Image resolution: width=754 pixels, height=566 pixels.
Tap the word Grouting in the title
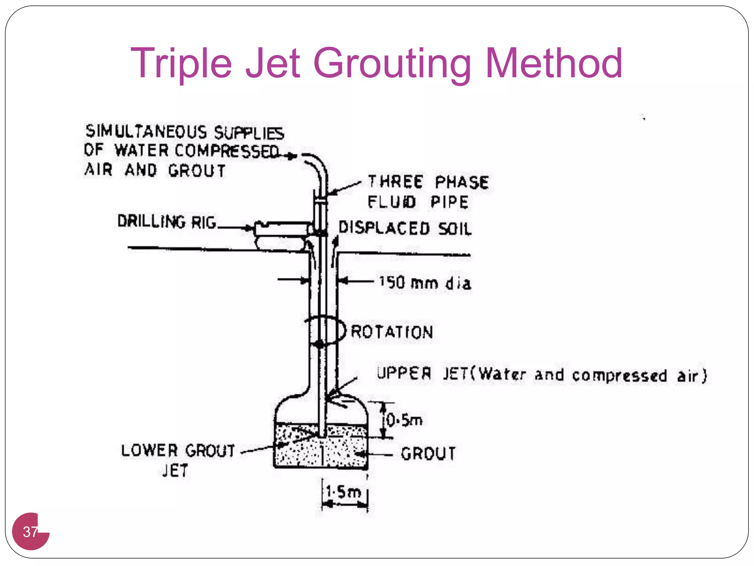[x=392, y=63]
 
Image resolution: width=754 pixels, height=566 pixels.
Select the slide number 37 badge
[x=31, y=531]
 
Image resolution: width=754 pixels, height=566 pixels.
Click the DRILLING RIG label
[x=166, y=221]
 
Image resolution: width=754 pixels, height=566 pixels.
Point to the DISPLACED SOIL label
[x=405, y=228]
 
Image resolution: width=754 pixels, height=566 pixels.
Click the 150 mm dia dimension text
[x=425, y=283]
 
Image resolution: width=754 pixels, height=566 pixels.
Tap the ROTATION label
[x=392, y=332]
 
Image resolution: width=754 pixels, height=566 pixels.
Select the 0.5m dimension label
[x=404, y=420]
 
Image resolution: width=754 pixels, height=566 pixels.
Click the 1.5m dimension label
[x=343, y=492]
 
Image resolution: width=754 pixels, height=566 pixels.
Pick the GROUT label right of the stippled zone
[x=428, y=454]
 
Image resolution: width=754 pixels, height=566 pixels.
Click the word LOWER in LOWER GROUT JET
[x=149, y=450]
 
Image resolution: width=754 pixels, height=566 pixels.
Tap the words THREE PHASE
[x=429, y=182]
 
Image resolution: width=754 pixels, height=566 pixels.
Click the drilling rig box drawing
[x=282, y=229]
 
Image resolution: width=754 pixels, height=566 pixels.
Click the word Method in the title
[x=554, y=63]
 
